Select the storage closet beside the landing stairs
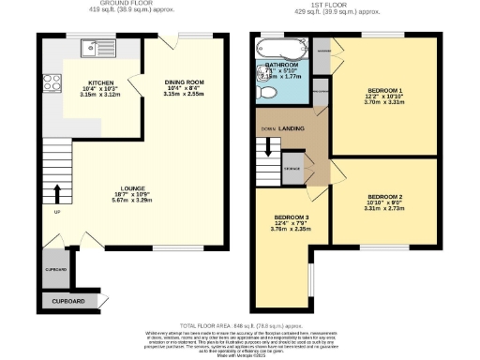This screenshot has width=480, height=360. (292, 165)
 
